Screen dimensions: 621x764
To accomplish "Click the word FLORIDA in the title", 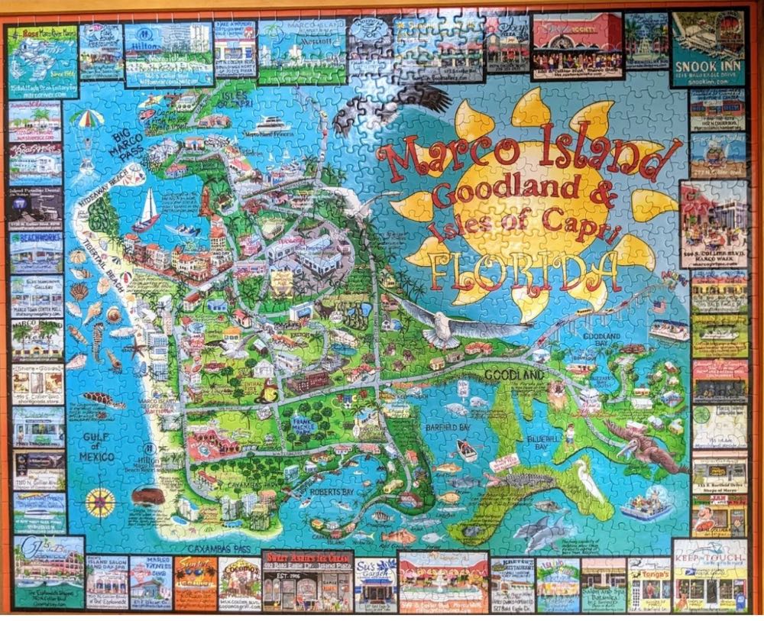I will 526,270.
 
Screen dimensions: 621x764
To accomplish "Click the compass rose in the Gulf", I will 101,502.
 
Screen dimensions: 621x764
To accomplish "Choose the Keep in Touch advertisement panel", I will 710,574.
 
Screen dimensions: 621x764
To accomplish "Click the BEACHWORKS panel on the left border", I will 36,251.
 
